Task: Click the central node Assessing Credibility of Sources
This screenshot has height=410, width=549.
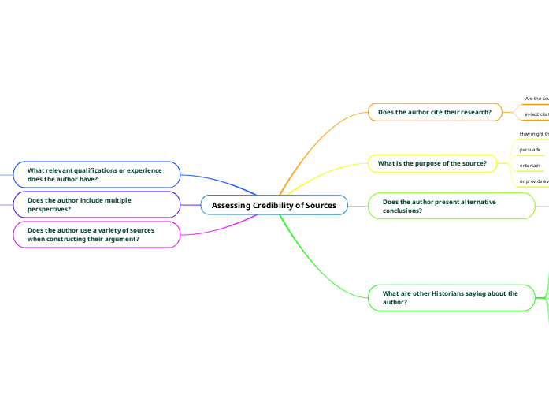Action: [x=274, y=205]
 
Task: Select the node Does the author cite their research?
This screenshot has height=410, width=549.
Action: [x=434, y=112]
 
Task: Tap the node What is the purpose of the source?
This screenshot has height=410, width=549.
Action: [x=432, y=164]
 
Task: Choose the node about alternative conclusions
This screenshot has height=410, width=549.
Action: [x=450, y=207]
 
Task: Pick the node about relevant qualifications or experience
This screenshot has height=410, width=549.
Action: [x=96, y=174]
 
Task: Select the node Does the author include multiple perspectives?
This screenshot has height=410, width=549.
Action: [x=96, y=205]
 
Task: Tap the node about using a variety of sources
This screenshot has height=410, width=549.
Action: [x=96, y=235]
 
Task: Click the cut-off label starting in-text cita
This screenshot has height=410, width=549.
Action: [x=536, y=115]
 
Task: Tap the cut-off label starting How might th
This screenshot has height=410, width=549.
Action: [x=534, y=133]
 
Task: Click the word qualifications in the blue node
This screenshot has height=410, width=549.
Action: [x=93, y=170]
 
